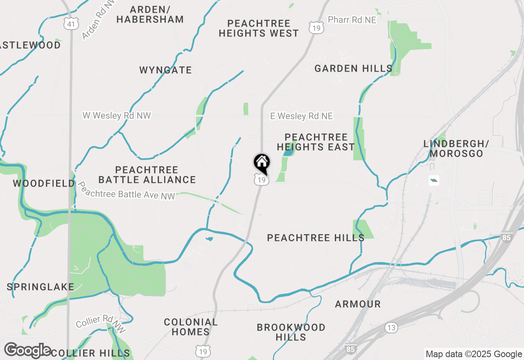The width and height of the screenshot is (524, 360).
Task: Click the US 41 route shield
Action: (x=71, y=24)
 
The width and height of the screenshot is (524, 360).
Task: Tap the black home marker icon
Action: (x=262, y=163)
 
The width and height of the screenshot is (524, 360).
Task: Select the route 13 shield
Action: (x=391, y=327)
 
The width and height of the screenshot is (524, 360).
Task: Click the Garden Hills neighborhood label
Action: (x=353, y=68)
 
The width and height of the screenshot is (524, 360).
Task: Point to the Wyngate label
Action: (x=165, y=70)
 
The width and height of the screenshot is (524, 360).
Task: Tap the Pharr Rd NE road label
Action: (x=352, y=20)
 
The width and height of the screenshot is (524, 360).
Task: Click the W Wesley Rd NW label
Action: (x=117, y=116)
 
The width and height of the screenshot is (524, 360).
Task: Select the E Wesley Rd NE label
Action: (x=301, y=116)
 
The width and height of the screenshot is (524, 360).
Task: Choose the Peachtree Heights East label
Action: (x=316, y=142)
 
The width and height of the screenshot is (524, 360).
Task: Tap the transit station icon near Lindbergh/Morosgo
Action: (x=434, y=180)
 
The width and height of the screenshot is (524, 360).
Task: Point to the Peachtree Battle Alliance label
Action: (x=147, y=175)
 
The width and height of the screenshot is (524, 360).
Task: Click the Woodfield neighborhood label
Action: (x=44, y=183)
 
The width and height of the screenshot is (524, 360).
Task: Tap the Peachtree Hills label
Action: (x=316, y=238)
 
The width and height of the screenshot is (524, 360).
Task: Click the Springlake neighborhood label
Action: (x=40, y=287)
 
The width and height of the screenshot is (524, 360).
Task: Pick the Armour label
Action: (x=357, y=304)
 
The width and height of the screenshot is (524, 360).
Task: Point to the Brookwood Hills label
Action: (x=291, y=332)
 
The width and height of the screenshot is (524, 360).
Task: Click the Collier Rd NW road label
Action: (x=100, y=322)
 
